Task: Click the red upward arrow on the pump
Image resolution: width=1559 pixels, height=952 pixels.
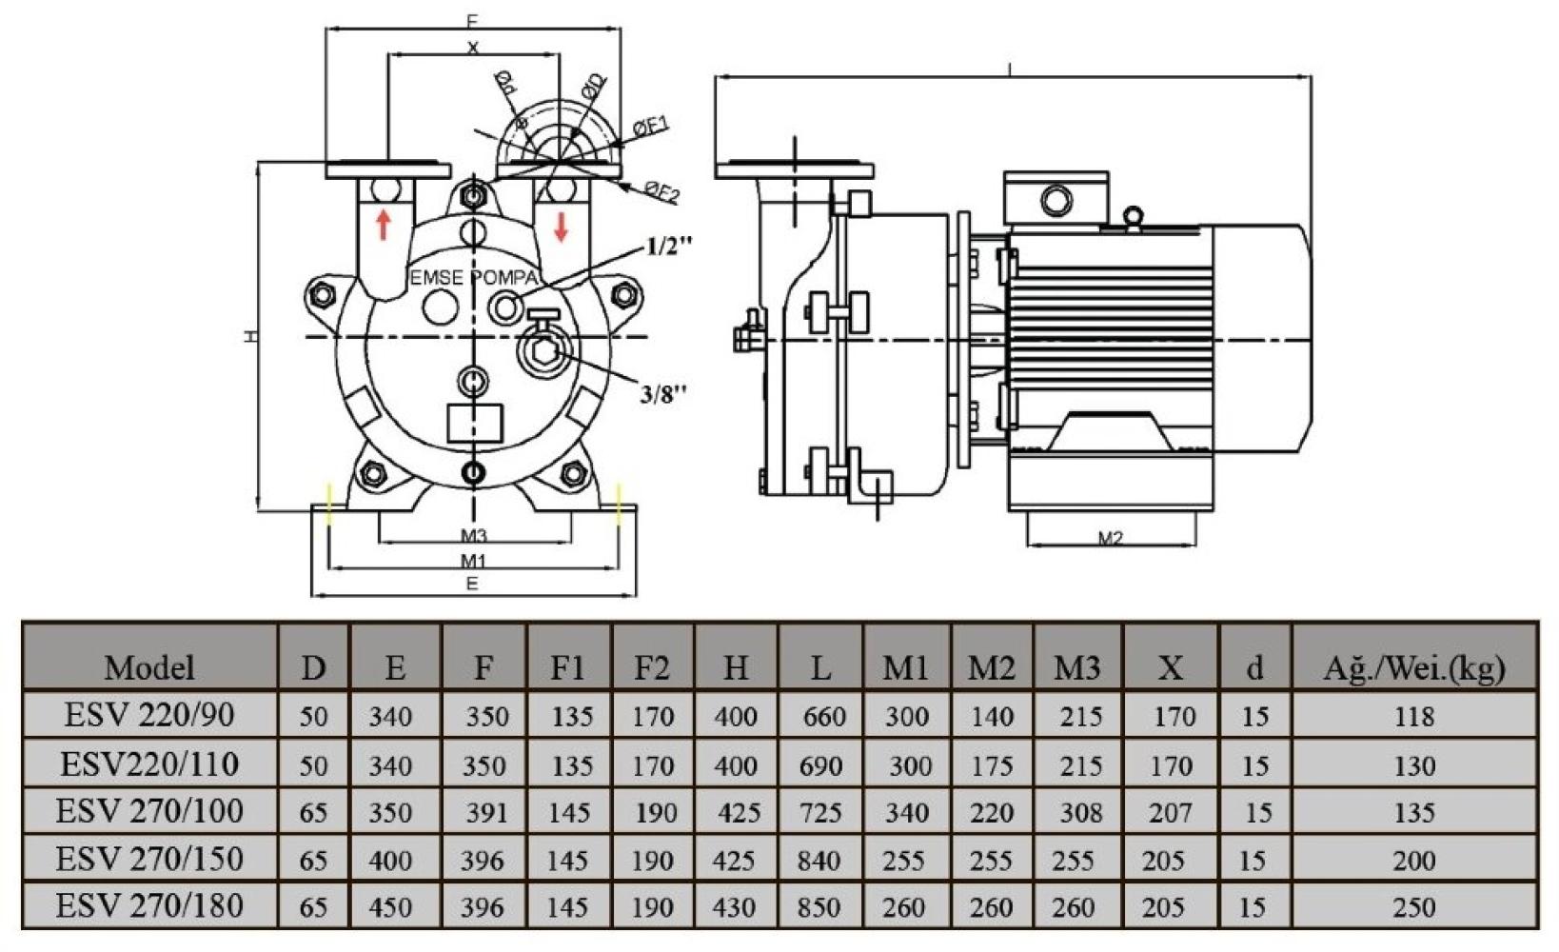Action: click(x=384, y=225)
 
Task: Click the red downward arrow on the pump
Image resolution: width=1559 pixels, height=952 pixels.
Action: click(x=562, y=226)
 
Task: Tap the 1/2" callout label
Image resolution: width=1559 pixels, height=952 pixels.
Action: click(x=669, y=246)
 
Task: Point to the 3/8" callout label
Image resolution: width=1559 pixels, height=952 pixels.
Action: click(x=662, y=393)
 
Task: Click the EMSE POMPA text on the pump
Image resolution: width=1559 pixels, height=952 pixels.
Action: click(x=473, y=278)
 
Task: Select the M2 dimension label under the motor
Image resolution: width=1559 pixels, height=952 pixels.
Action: click(x=1110, y=538)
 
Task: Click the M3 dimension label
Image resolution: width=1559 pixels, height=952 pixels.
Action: click(x=473, y=537)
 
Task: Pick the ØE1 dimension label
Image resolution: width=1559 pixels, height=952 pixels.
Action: click(x=653, y=126)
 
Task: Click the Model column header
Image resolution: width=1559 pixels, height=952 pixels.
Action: click(x=149, y=667)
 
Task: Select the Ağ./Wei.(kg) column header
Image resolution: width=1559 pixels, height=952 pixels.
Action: click(x=1413, y=667)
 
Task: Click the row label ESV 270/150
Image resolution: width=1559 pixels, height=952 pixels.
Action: click(x=149, y=859)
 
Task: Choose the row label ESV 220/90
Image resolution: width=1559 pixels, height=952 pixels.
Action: click(x=149, y=715)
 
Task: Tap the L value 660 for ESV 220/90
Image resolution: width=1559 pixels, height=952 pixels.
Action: click(x=824, y=716)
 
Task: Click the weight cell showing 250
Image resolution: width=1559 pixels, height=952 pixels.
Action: click(x=1413, y=906)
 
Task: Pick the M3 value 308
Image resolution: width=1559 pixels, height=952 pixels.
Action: click(x=1081, y=812)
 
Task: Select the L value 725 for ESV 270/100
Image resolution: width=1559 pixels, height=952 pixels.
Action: click(x=820, y=812)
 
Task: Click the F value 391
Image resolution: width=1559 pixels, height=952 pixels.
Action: click(x=486, y=812)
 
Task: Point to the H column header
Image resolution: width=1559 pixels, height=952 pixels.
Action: click(x=736, y=667)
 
